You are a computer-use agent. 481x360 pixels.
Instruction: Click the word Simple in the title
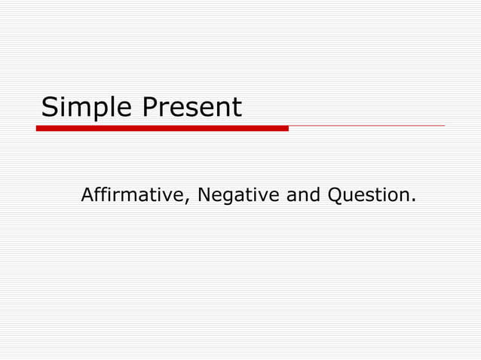(x=87, y=108)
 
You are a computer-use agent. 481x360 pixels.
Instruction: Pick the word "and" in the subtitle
(x=304, y=195)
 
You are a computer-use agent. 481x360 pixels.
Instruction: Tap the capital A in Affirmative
(x=87, y=195)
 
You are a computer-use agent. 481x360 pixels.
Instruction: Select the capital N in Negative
(x=204, y=195)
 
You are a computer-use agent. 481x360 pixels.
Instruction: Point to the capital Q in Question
(x=335, y=196)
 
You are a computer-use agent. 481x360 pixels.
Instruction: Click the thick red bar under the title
(x=162, y=128)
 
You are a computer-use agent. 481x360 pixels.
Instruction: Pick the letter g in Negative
(x=228, y=197)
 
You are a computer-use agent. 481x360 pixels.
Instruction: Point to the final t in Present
(x=237, y=108)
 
